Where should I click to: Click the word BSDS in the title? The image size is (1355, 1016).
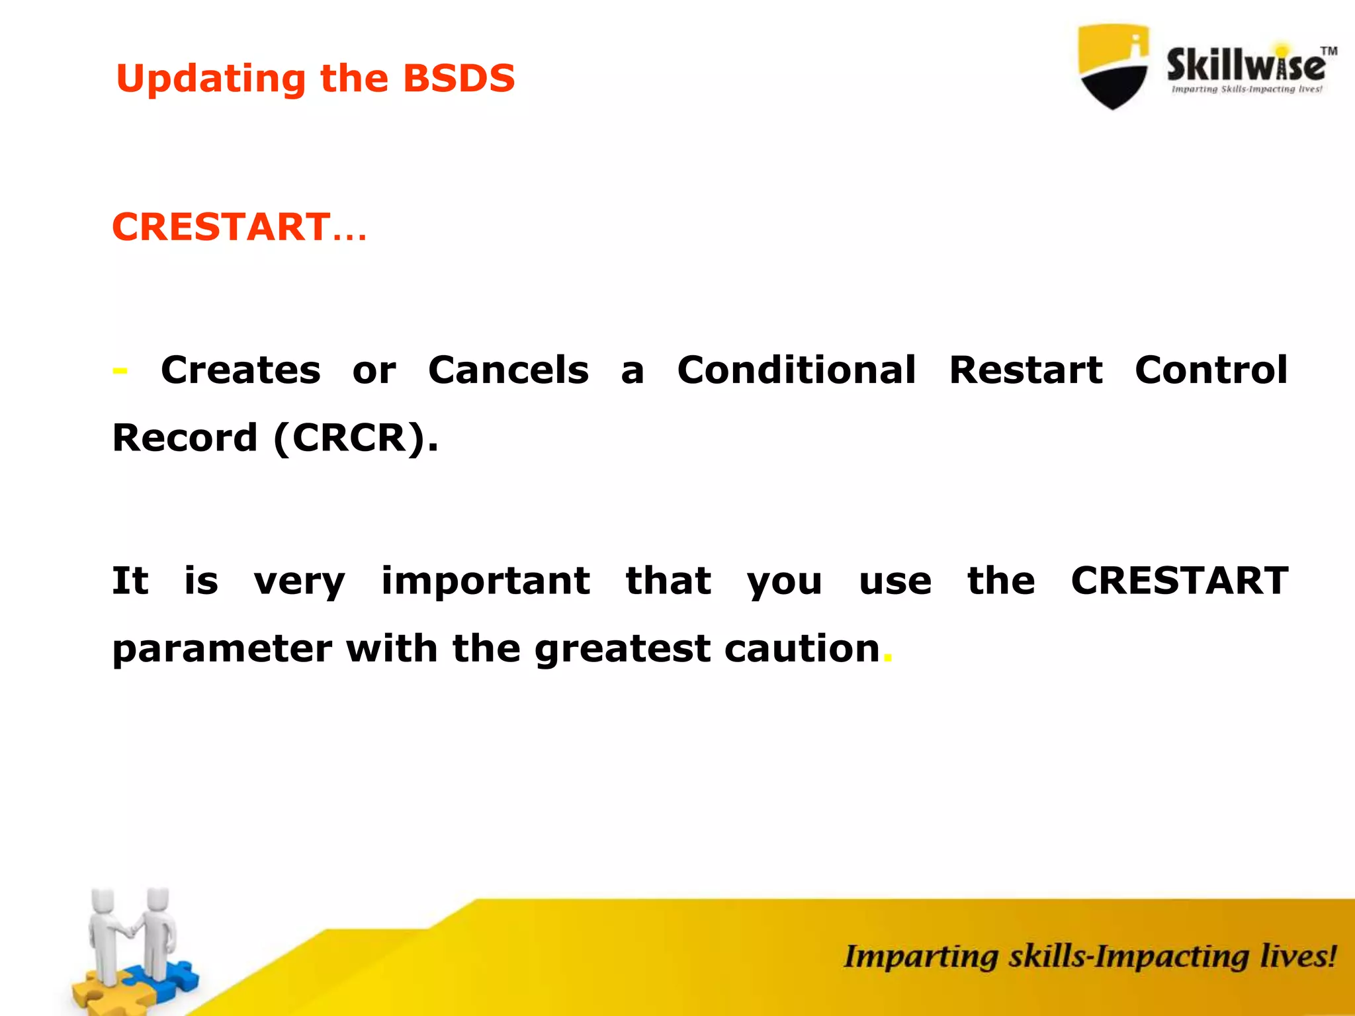click(459, 79)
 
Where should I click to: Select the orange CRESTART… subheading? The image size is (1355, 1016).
click(238, 227)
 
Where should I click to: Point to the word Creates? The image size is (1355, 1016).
click(240, 370)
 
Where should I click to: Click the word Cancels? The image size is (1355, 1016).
click(508, 370)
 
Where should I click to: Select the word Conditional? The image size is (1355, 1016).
click(797, 370)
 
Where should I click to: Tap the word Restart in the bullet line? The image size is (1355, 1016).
click(1026, 370)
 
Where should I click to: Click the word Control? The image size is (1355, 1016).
click(1211, 370)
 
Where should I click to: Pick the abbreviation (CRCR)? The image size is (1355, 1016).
click(355, 438)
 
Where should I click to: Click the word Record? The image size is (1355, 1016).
click(185, 438)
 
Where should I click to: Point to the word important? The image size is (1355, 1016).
click(486, 581)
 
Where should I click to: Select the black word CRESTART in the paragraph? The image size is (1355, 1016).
click(1179, 581)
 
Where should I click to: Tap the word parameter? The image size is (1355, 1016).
click(222, 649)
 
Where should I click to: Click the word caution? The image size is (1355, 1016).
click(802, 649)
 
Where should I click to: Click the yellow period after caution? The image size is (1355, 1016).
click(888, 659)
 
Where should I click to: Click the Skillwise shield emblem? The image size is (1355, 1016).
click(1113, 66)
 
